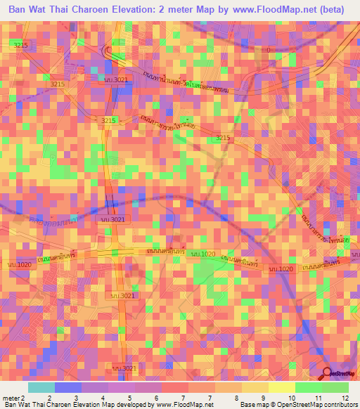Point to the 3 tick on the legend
point(76,397)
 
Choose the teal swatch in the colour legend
point(41,387)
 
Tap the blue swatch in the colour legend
point(67,387)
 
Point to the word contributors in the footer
point(340,405)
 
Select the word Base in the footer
point(246,405)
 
